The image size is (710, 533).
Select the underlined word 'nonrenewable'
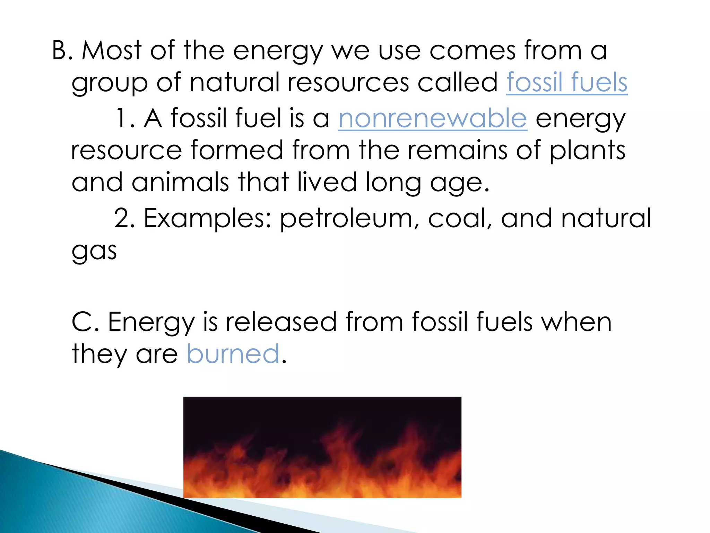(x=433, y=118)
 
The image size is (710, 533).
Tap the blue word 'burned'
(x=233, y=354)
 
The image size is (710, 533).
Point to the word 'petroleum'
(x=346, y=219)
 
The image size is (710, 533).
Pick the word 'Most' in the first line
(x=112, y=51)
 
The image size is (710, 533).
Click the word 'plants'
(x=587, y=151)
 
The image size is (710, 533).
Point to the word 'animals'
(x=180, y=183)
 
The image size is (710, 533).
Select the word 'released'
(x=281, y=322)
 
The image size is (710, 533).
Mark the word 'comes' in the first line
(x=472, y=51)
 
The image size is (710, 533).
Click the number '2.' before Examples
(x=124, y=219)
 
